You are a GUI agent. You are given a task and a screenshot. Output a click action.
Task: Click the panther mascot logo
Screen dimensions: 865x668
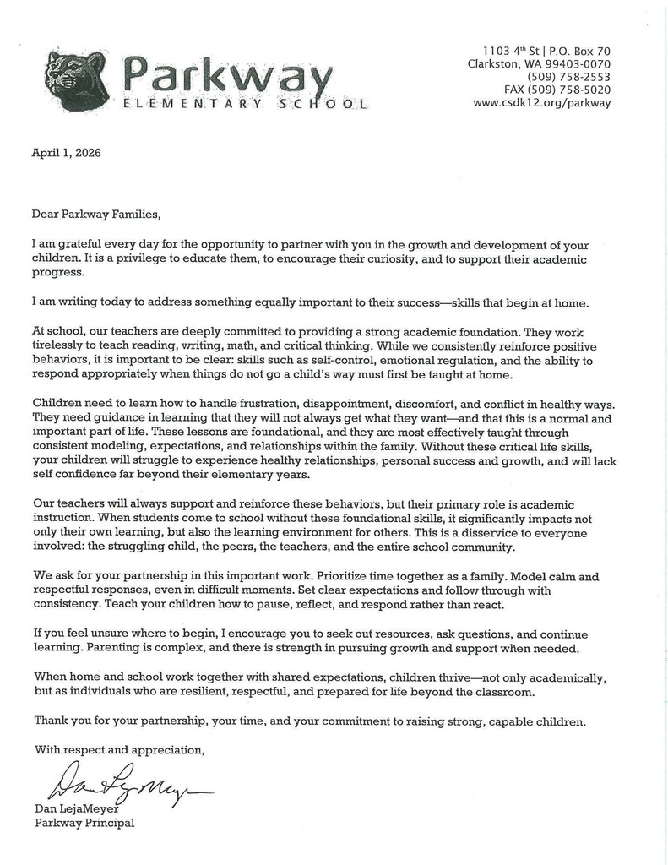click(x=76, y=81)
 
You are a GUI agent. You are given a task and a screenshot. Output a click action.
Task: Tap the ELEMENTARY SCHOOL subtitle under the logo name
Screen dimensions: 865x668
click(x=245, y=104)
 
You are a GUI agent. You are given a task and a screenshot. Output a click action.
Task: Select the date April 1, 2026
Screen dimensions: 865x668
click(x=67, y=152)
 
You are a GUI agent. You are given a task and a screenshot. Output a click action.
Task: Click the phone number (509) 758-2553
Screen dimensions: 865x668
click(x=568, y=77)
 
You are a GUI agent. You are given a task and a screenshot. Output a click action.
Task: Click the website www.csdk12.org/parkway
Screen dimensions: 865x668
click(x=541, y=103)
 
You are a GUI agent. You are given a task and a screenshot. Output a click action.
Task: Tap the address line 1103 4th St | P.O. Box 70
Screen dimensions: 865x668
click(x=546, y=51)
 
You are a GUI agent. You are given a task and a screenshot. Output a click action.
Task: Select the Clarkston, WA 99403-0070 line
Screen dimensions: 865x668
click(x=539, y=64)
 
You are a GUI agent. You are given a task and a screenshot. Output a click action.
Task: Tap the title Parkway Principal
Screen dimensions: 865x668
click(x=84, y=823)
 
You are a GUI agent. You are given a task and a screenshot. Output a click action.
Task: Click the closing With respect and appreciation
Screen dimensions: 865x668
click(x=119, y=748)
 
